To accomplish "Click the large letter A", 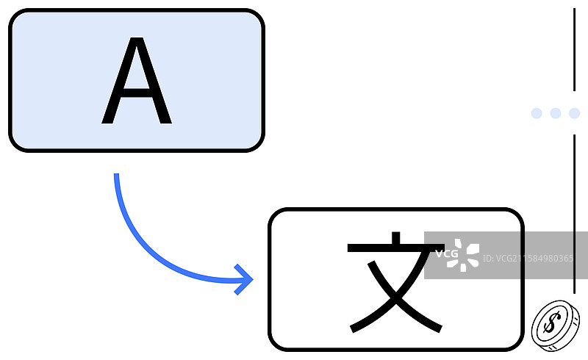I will tap(136, 81).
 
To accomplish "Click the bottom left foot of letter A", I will tap(108, 122).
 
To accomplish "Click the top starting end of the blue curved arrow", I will tap(116, 176).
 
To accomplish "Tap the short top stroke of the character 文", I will tap(395, 240).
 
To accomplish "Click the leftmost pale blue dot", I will tap(537, 113).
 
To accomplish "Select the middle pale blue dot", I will tap(556, 113).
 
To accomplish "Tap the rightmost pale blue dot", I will tap(574, 113).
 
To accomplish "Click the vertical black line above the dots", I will tap(574, 48).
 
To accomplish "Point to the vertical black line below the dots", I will tap(574, 213).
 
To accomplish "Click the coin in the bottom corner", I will tap(555, 324).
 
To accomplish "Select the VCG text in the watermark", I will tap(446, 254).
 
